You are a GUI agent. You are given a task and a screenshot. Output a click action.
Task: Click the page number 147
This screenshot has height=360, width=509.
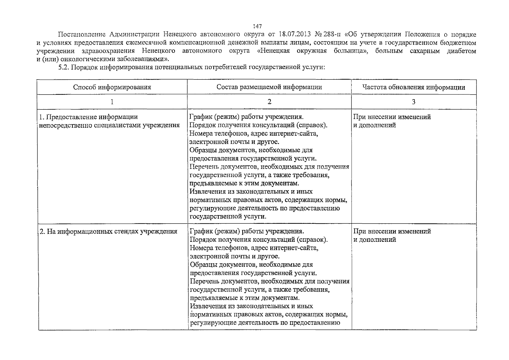[x=257, y=26]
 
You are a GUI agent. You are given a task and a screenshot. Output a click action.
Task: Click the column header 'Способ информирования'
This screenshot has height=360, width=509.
[x=112, y=87]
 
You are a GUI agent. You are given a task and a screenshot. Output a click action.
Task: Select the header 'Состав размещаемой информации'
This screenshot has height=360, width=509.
[x=269, y=87]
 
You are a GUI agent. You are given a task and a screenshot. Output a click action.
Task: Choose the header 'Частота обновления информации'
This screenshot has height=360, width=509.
[x=414, y=87]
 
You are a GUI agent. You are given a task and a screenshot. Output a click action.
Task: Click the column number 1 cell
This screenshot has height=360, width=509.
[x=112, y=102]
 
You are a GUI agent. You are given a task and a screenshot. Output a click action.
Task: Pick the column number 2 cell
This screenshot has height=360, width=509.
[x=269, y=102]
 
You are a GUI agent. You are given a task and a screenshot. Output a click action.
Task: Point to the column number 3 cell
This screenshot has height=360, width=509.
[x=414, y=102]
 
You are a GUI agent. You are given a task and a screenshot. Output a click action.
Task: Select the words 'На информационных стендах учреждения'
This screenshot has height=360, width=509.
[x=108, y=231]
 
